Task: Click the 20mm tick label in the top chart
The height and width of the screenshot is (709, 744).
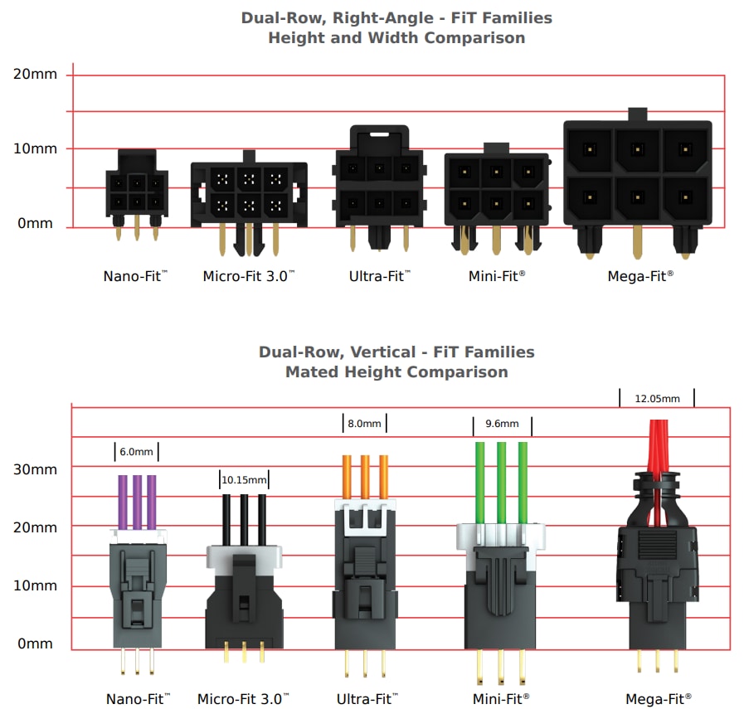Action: (35, 74)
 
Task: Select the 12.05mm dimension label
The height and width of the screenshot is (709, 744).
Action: (656, 399)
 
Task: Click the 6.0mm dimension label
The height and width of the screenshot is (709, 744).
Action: (137, 452)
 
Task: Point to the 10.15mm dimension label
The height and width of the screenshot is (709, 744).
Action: (244, 479)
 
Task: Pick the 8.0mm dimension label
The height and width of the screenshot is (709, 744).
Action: (364, 424)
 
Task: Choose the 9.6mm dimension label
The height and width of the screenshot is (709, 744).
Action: (502, 424)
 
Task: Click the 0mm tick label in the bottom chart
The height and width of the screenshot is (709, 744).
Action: (35, 643)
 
